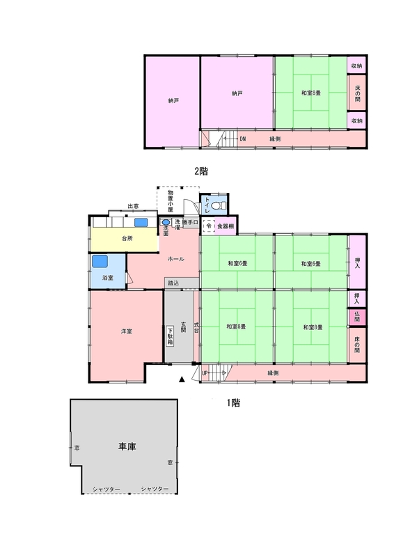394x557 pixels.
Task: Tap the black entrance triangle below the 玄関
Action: (x=182, y=379)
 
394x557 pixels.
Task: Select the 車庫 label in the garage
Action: (x=127, y=446)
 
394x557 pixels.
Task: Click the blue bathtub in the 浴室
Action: (x=100, y=262)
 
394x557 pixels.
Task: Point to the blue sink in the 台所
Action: (x=141, y=222)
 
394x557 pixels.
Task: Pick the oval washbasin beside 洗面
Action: (x=166, y=222)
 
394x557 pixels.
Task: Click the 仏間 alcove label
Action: (x=357, y=317)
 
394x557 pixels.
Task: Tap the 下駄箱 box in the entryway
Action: (x=170, y=336)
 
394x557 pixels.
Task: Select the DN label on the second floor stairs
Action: (x=243, y=139)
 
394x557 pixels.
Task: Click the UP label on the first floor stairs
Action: (x=205, y=373)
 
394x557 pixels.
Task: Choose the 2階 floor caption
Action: (x=201, y=171)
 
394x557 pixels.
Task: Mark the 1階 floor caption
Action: (x=234, y=403)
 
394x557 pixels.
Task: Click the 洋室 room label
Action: (x=127, y=331)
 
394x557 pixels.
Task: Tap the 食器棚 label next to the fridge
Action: (x=226, y=226)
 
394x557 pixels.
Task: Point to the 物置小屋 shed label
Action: (x=171, y=201)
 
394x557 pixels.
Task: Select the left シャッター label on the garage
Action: (x=107, y=489)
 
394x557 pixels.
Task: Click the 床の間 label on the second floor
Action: (x=357, y=93)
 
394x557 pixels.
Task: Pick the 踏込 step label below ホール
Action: (x=173, y=283)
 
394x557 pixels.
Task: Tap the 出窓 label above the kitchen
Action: (x=133, y=206)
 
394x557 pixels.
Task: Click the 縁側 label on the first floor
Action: (x=273, y=373)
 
